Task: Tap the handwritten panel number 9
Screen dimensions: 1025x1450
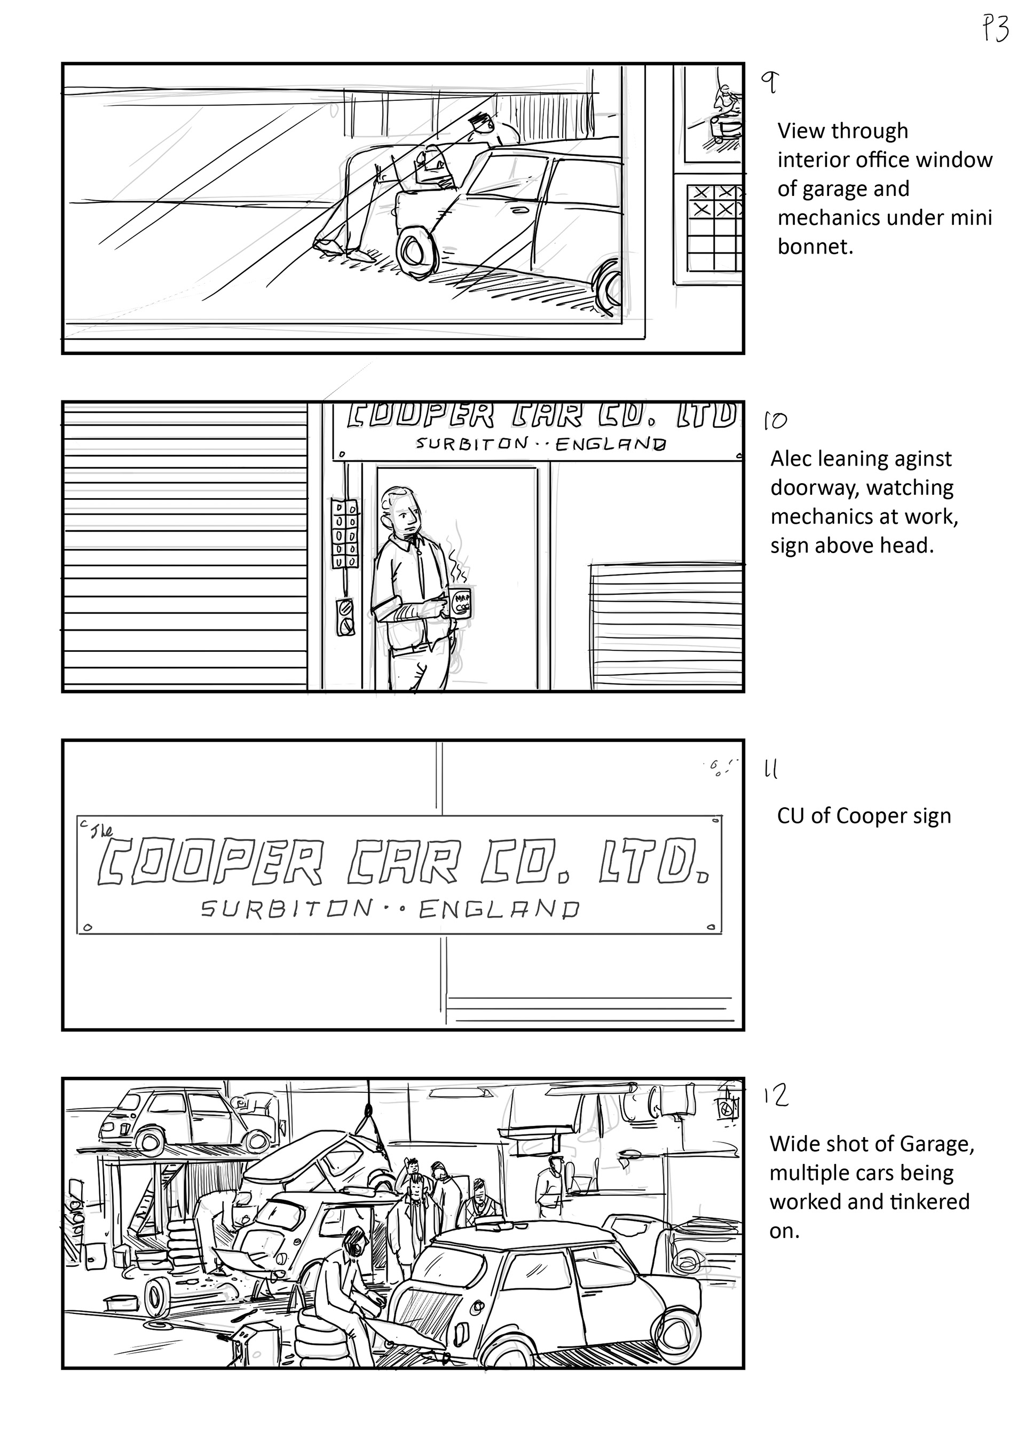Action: (x=770, y=83)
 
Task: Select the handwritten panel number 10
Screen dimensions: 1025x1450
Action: (x=775, y=421)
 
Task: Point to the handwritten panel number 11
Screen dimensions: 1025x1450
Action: (x=771, y=770)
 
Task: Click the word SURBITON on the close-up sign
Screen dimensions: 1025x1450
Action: (x=287, y=909)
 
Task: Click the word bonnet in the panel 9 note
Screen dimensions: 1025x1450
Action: (x=815, y=247)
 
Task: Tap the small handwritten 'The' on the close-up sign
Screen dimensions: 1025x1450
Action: (x=101, y=832)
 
